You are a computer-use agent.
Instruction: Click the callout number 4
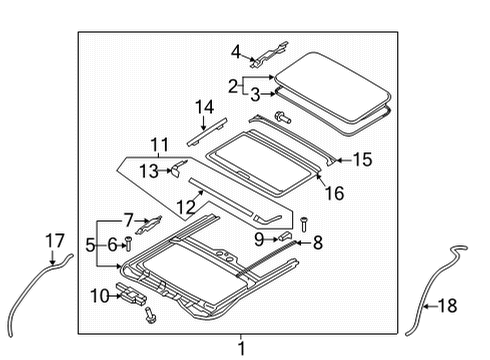[236, 52]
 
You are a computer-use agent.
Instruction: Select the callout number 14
[204, 107]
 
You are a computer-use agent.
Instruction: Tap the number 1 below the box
[241, 348]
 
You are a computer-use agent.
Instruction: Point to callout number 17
[55, 241]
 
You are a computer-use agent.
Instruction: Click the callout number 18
[447, 305]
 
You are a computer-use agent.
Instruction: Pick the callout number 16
[335, 193]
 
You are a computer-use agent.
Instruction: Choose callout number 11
[160, 145]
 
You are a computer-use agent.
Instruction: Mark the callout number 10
[100, 296]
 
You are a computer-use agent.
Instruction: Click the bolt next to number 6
[128, 244]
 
